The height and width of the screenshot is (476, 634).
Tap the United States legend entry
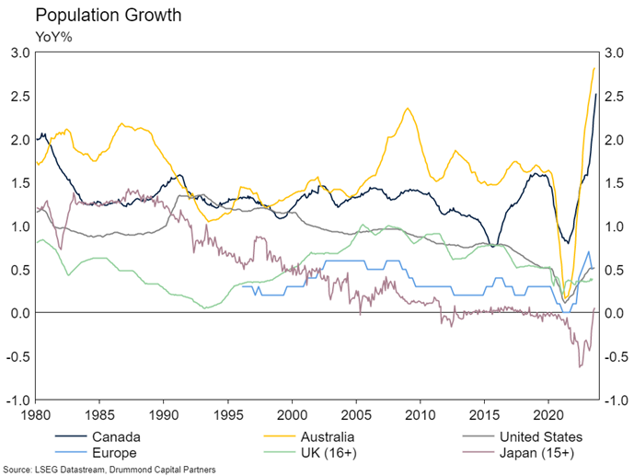tap(537, 436)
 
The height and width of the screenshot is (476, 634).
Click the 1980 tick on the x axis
tap(36, 414)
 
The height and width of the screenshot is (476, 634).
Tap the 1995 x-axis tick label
tap(228, 414)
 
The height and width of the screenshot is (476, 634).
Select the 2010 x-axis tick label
tap(421, 414)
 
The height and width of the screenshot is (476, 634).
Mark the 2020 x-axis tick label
tap(548, 414)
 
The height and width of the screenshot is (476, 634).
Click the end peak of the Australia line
tap(594, 68)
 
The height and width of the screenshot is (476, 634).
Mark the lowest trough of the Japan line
tap(580, 367)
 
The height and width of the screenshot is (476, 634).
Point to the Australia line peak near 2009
tap(407, 109)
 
